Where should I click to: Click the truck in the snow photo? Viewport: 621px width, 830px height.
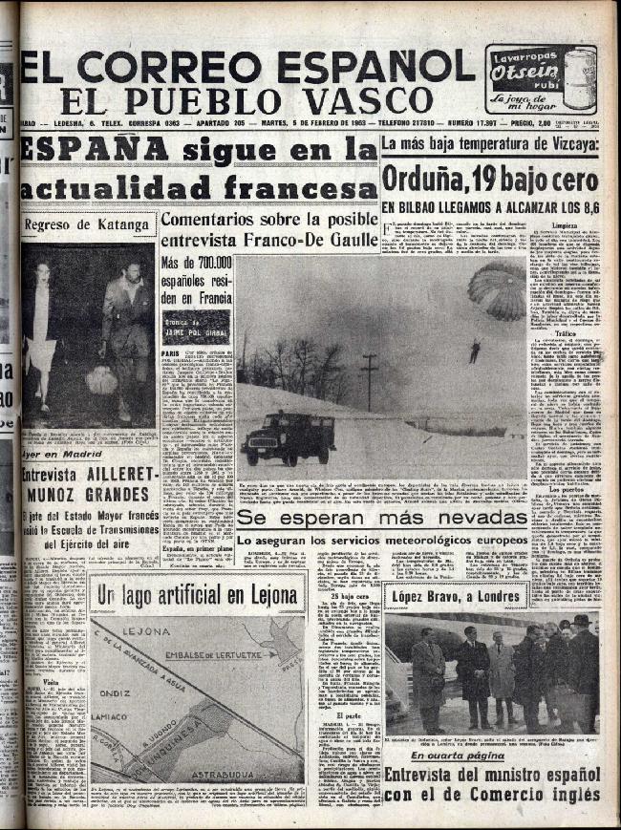pyautogui.click(x=288, y=437)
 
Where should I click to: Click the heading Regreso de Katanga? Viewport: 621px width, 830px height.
pyautogui.click(x=87, y=225)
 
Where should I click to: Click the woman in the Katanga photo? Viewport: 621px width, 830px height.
pyautogui.click(x=43, y=330)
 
